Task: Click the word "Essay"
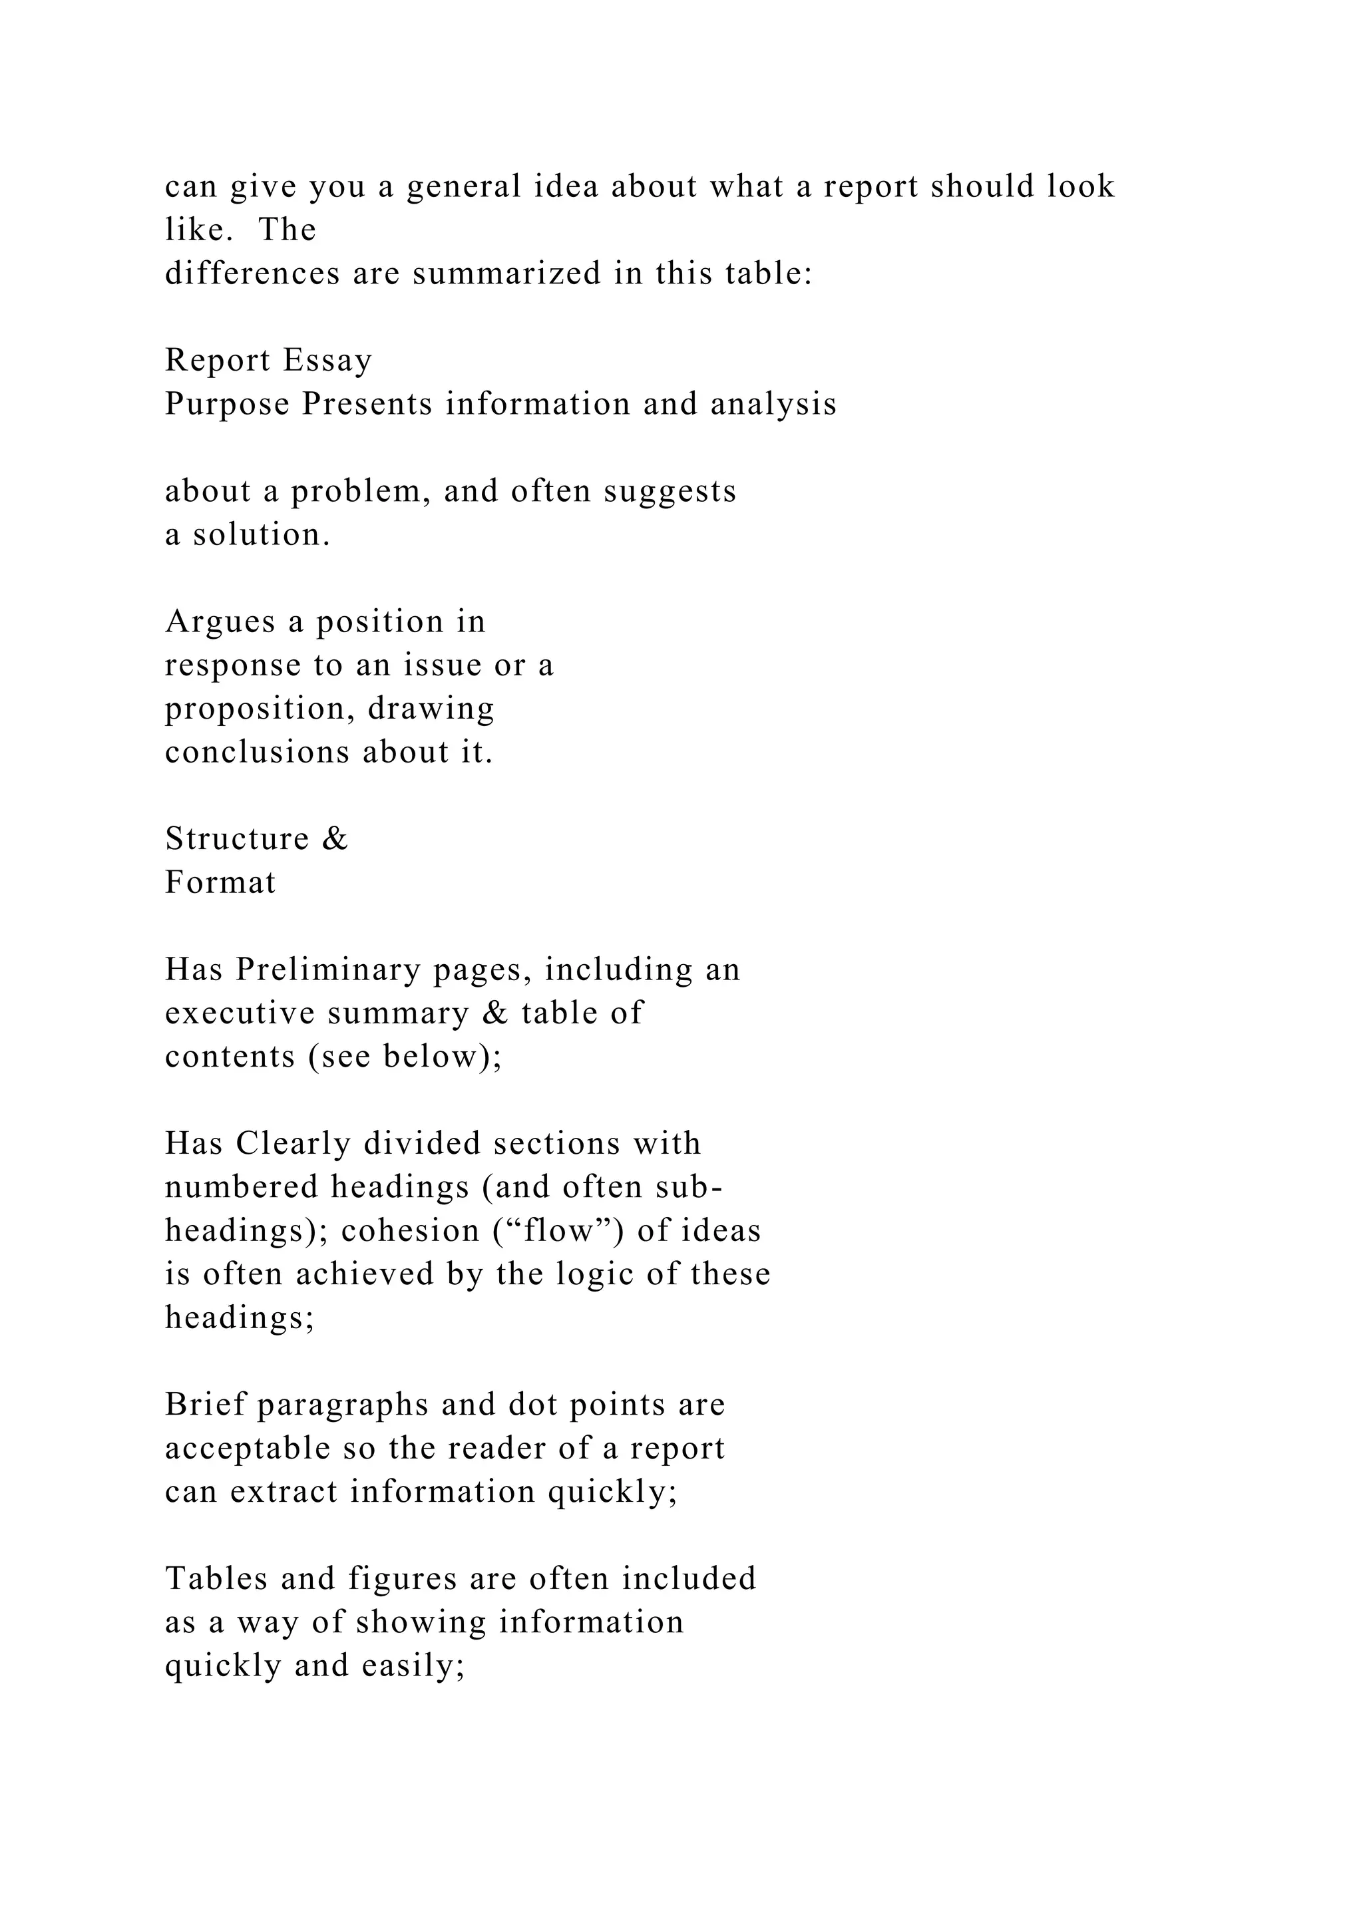click(x=327, y=361)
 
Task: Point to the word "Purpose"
click(x=226, y=405)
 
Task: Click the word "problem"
click(x=360, y=492)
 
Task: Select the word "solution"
click(x=261, y=534)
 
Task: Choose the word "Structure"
click(x=238, y=839)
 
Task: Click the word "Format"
click(x=220, y=883)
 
